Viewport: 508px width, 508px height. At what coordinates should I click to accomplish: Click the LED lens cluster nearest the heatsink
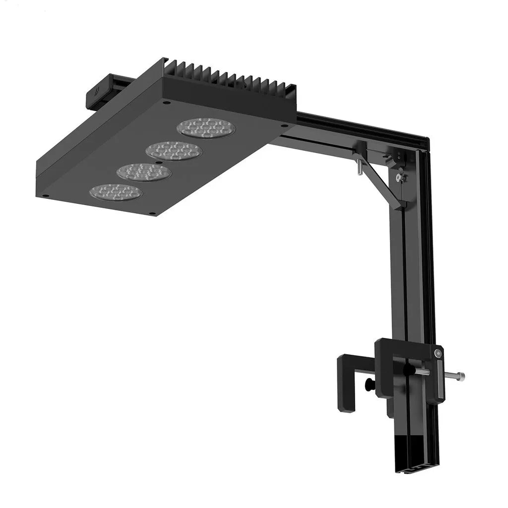(206, 128)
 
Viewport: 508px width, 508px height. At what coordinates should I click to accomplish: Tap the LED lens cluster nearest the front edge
(116, 192)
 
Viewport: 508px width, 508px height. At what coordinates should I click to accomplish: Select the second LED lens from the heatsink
(174, 150)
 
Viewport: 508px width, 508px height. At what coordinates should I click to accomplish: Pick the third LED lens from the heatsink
(144, 172)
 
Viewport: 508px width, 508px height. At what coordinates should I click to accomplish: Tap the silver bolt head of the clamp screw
(461, 376)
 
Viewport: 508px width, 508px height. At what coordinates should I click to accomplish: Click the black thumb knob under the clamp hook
(369, 385)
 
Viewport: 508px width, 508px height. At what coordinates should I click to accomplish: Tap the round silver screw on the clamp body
(437, 353)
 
